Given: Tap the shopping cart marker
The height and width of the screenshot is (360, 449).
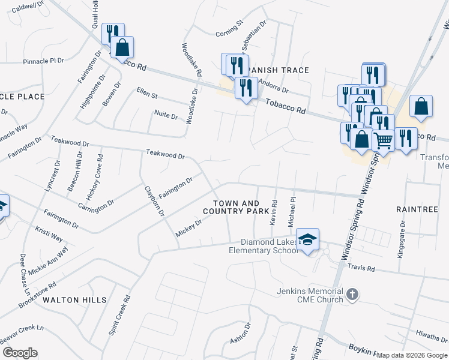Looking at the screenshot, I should (x=383, y=141).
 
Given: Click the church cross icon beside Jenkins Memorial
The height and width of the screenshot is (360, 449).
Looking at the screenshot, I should (x=352, y=295).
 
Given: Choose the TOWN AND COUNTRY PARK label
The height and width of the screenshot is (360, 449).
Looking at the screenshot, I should (x=235, y=208).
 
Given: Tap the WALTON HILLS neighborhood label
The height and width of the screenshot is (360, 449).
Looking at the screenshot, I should (x=75, y=299).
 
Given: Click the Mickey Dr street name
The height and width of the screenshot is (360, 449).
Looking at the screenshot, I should (x=188, y=227).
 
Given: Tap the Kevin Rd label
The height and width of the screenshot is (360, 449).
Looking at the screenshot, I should (x=274, y=213).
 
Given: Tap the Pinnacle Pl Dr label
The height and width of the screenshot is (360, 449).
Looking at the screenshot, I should (x=43, y=61).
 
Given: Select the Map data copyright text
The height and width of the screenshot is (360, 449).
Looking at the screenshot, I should (x=412, y=355).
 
